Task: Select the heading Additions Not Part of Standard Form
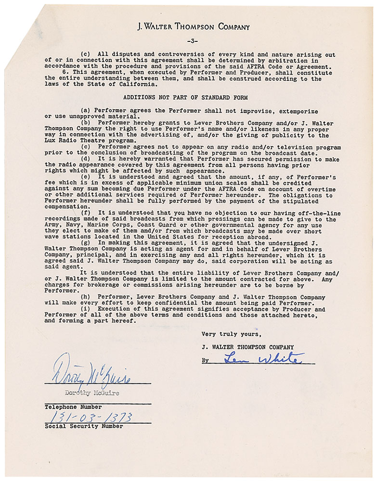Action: (x=185, y=98)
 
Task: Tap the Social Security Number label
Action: (x=83, y=426)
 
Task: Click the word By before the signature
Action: (x=206, y=360)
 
